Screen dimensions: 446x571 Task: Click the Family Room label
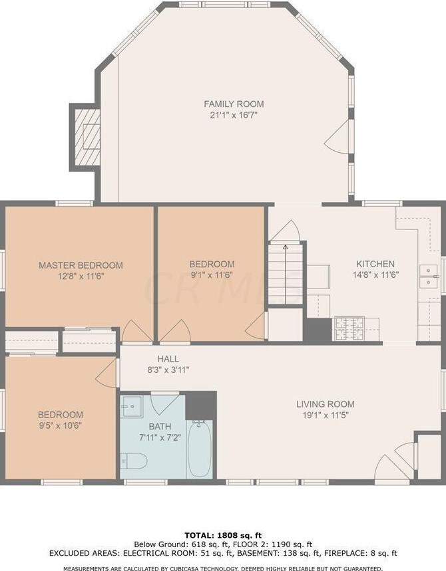234,104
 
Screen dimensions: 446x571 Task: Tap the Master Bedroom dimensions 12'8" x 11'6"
81,276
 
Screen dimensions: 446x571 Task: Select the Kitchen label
375,264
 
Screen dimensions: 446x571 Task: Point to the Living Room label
325,404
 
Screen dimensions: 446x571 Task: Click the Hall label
168,359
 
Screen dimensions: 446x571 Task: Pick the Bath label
160,427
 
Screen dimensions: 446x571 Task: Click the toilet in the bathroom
134,461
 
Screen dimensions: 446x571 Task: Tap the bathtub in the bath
200,449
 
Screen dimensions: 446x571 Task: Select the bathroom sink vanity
132,406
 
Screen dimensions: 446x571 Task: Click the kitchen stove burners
349,328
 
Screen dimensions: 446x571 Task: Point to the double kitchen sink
428,277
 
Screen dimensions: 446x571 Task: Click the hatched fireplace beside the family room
87,138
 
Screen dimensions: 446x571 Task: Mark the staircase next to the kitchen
286,274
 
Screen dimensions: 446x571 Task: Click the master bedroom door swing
136,332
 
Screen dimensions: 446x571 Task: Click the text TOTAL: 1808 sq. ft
223,535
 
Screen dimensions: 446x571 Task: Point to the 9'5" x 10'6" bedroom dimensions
61,425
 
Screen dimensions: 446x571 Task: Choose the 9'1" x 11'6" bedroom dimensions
212,275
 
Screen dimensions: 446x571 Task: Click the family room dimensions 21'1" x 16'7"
234,116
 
